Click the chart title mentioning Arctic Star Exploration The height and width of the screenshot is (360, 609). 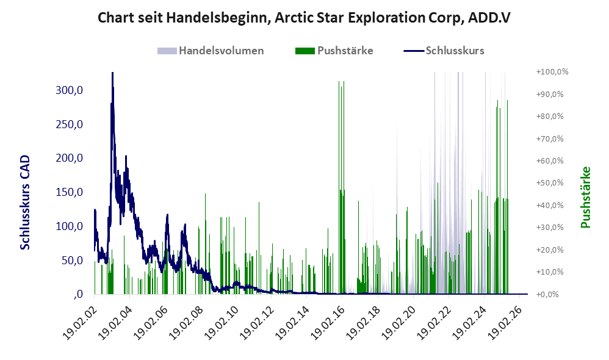coord(304,18)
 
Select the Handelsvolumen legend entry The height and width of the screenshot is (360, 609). coord(211,51)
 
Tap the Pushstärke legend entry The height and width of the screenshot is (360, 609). coord(334,51)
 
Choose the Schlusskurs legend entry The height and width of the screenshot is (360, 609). coord(444,51)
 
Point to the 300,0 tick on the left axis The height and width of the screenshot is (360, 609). coord(70,90)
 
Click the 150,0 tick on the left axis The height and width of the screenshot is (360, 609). coord(70,192)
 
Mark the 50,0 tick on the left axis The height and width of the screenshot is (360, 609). coord(72,260)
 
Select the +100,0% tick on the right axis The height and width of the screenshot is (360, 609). coord(552,72)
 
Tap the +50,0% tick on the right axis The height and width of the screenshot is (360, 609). coord(550,183)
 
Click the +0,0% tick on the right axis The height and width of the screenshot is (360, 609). coord(547,294)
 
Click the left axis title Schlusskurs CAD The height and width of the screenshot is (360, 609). coord(25,203)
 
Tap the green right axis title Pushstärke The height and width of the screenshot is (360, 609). coord(586,197)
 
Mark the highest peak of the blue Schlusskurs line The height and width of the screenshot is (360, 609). coord(112,73)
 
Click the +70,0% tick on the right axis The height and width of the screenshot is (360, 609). coord(550,139)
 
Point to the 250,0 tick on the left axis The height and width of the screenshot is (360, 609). coord(70,124)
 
